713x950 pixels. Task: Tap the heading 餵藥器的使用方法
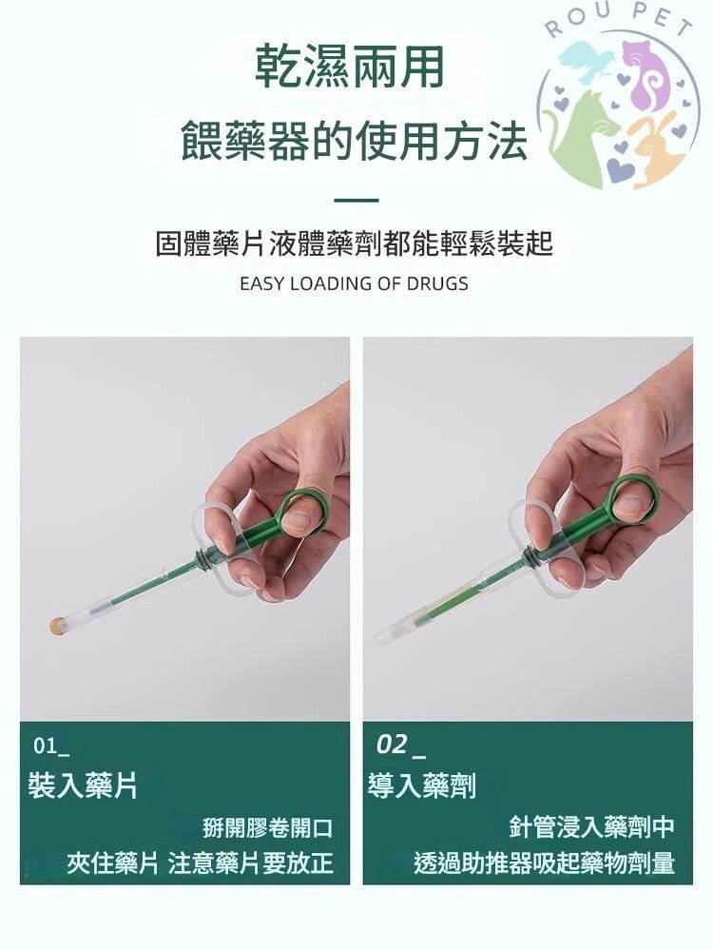(355, 141)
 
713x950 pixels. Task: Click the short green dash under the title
(356, 200)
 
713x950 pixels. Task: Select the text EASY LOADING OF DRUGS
(354, 283)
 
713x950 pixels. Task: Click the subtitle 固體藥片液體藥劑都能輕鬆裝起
(355, 243)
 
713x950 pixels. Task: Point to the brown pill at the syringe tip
(57, 625)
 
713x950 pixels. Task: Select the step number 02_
(400, 745)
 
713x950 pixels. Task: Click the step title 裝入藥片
(83, 785)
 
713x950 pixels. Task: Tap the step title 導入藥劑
(422, 785)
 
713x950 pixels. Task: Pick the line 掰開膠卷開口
(267, 827)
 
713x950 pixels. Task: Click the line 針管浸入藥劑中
(591, 826)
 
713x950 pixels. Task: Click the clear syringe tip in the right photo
(389, 636)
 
